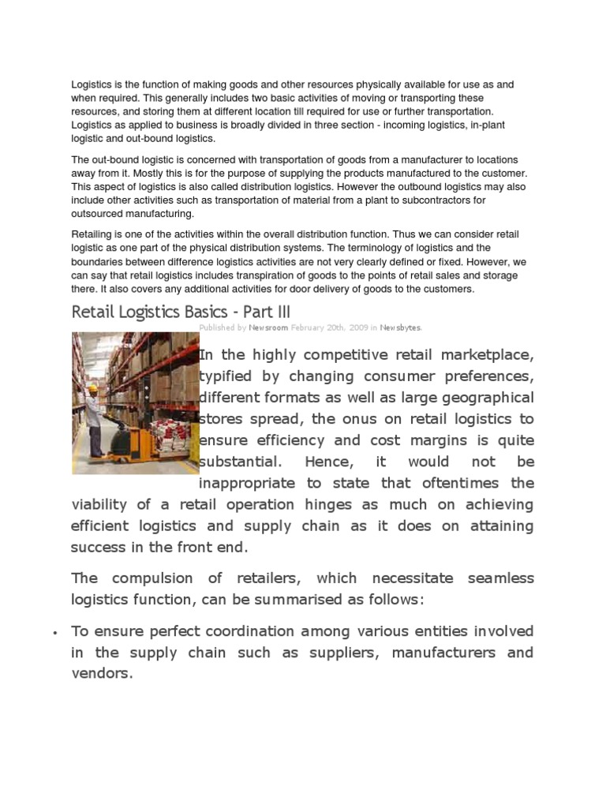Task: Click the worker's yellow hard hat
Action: (93, 389)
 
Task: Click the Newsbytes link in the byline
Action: (401, 327)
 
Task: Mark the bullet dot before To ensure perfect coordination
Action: (54, 633)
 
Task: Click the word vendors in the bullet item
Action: (101, 674)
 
